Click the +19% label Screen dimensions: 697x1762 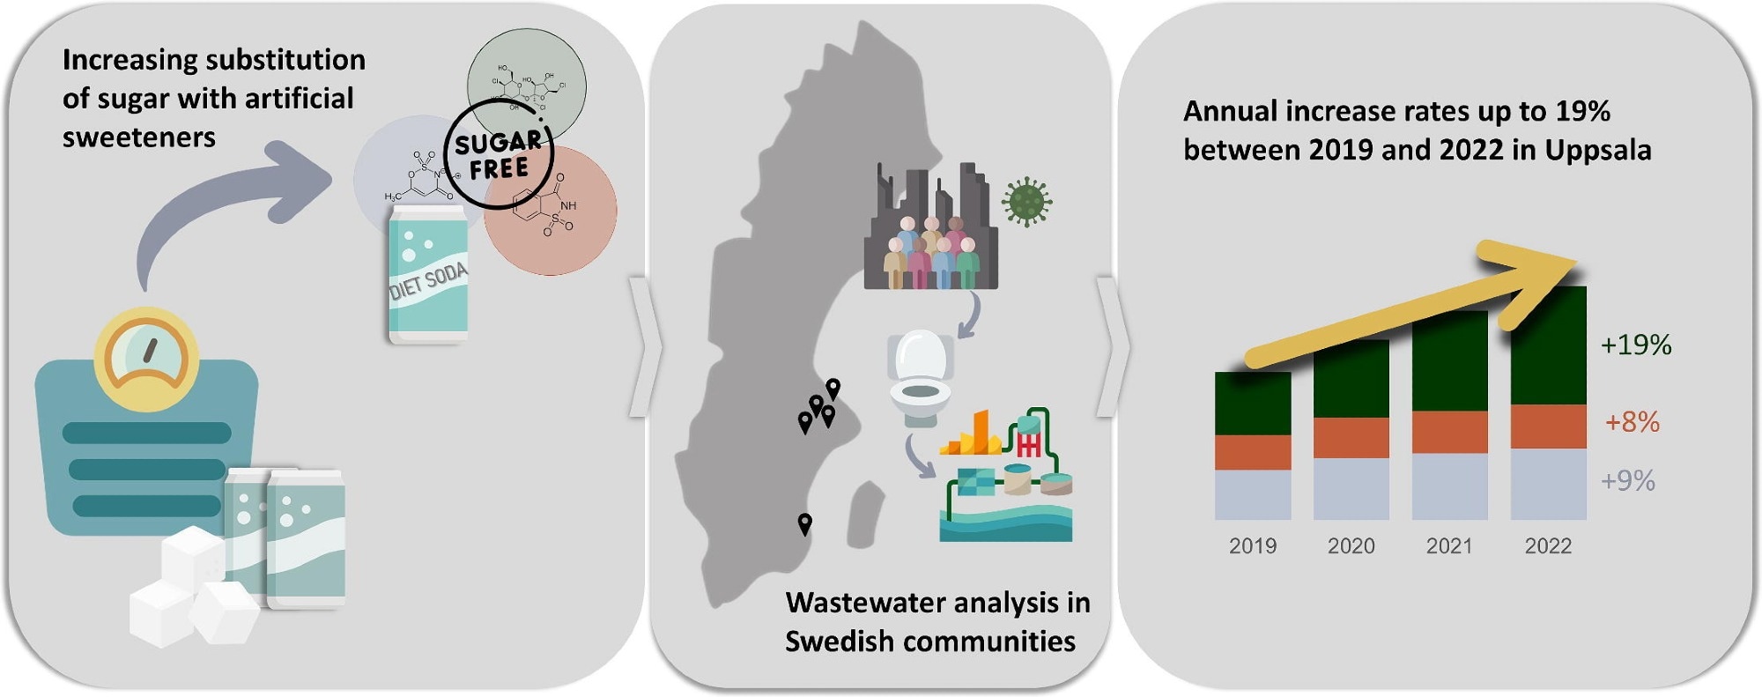tap(1635, 345)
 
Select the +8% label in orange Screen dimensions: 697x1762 tap(1632, 422)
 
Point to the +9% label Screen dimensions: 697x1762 tap(1627, 481)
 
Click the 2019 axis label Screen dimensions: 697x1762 tap(1252, 546)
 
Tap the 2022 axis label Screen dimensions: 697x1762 tap(1548, 546)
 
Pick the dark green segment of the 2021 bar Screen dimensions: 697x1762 tap(1449, 361)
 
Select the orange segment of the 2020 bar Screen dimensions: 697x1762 tap(1351, 437)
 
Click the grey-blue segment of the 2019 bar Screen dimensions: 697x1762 tap(1252, 494)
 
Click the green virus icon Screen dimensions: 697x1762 tap(1026, 202)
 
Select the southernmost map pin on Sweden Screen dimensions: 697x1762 tap(804, 524)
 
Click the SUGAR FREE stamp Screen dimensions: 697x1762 tap(499, 155)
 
